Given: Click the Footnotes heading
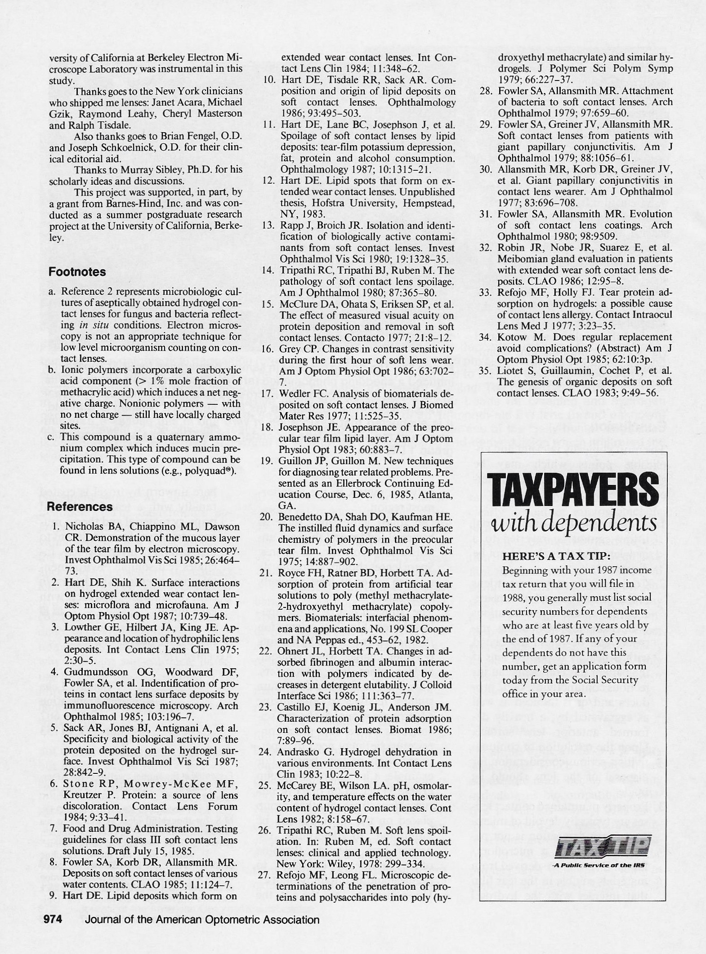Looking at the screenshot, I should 77,272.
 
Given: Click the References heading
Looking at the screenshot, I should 80,506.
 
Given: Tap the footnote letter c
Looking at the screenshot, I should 52,437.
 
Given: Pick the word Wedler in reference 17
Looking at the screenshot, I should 292,394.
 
